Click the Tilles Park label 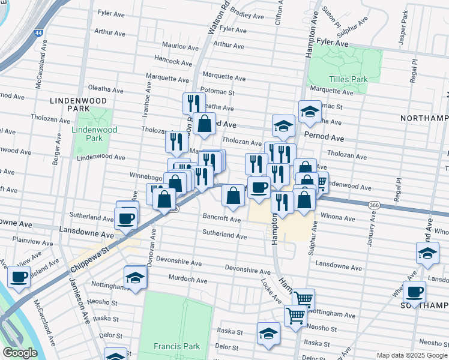click(x=348, y=79)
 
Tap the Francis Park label click(x=176, y=346)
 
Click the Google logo click(x=20, y=353)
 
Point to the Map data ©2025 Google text click(x=411, y=355)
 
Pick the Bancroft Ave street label click(x=221, y=220)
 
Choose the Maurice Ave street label click(x=181, y=47)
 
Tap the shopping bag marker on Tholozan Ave click(x=204, y=124)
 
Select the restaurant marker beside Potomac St click(x=191, y=103)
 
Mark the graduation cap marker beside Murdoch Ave click(x=135, y=278)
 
